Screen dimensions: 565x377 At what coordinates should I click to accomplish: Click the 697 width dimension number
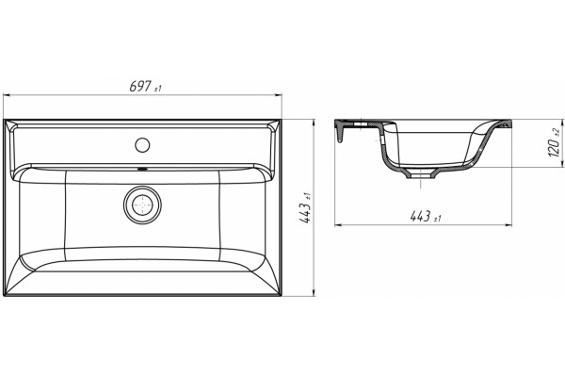(x=140, y=86)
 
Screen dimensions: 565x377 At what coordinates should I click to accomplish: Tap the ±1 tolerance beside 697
(x=158, y=89)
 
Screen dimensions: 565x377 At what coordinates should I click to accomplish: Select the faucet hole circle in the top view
(x=142, y=144)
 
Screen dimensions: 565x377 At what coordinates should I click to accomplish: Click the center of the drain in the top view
(x=142, y=205)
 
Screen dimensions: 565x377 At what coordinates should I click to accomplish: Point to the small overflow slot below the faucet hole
(x=142, y=168)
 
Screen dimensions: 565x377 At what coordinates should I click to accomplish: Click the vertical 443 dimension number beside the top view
(x=305, y=213)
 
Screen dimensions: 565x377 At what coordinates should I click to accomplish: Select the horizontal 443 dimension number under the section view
(x=420, y=216)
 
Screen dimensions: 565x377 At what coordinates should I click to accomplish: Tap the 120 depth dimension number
(x=555, y=147)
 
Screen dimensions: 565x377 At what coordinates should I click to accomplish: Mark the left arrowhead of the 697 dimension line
(x=7, y=95)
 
